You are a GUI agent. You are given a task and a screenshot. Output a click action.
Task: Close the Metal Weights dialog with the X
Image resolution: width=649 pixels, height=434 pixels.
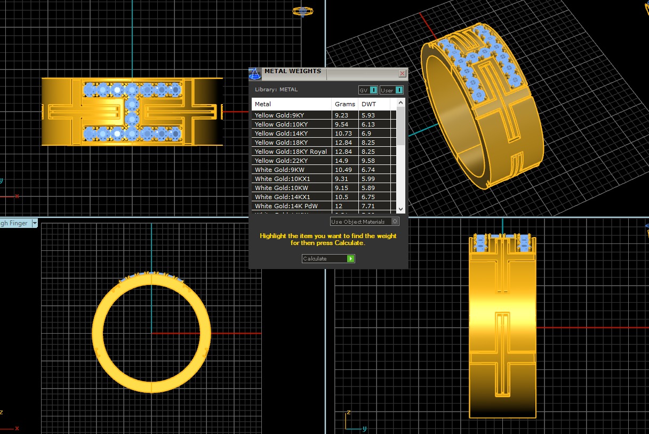pos(402,73)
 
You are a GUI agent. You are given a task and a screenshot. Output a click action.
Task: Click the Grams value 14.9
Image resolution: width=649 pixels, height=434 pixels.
pos(341,161)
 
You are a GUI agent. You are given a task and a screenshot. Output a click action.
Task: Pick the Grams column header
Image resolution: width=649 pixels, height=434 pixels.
pos(344,104)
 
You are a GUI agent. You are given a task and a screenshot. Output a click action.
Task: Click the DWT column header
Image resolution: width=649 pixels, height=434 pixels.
pos(368,104)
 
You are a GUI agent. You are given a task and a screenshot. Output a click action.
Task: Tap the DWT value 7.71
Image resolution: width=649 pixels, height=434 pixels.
pos(368,206)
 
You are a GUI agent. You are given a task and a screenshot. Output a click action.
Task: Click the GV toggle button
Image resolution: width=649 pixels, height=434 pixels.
pos(368,90)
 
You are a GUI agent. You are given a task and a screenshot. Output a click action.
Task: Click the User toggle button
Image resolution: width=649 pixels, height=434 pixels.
pos(391,90)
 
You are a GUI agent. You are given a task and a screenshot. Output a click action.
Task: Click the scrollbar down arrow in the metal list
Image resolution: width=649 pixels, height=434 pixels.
pos(400,209)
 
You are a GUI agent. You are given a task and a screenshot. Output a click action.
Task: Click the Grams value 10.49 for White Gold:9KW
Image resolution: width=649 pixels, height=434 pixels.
pos(342,170)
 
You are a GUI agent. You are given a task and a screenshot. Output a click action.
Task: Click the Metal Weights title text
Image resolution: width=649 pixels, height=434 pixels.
pos(293,71)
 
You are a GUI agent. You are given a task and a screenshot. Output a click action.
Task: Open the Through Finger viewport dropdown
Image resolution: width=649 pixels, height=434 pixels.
pos(35,223)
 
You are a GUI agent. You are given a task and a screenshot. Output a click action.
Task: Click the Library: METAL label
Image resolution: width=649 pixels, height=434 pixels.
pos(276,90)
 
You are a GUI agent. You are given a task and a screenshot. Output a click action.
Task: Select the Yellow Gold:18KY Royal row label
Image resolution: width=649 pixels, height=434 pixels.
pos(291,152)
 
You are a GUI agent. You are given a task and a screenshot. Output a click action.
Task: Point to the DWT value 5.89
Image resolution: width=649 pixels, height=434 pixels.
pos(368,188)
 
